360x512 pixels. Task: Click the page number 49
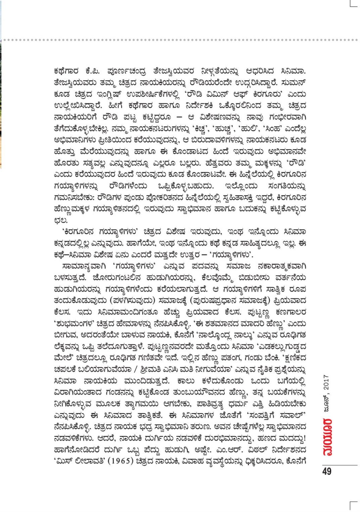tap(326, 471)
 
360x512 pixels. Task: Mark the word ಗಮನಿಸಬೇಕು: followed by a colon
tap(74, 197)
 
